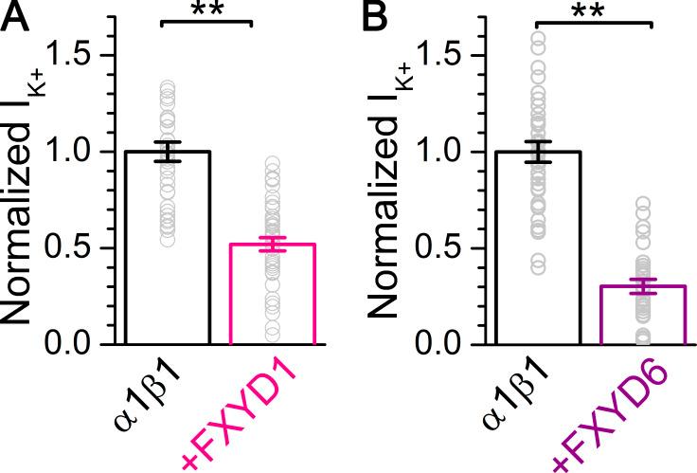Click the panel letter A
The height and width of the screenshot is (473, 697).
[x=17, y=18]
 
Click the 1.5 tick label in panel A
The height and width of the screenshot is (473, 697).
[x=82, y=55]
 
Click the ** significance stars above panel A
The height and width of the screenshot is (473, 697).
[x=206, y=9]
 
